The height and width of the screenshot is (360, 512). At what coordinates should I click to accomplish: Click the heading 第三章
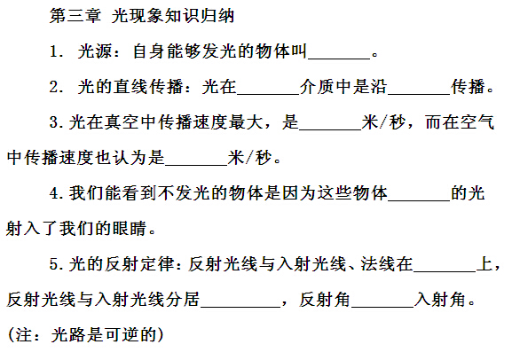click(x=75, y=16)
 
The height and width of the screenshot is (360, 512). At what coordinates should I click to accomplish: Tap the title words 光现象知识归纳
click(x=173, y=16)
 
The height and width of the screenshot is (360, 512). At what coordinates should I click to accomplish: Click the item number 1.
click(x=54, y=51)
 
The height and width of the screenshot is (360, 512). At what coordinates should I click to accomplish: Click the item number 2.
click(x=54, y=87)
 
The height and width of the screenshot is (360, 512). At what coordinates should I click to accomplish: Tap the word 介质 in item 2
click(x=317, y=87)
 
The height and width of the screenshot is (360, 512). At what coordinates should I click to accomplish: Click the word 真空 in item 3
click(x=122, y=122)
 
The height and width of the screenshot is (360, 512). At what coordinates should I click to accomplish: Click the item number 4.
click(x=54, y=193)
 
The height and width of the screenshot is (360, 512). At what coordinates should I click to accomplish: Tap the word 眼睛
click(x=129, y=229)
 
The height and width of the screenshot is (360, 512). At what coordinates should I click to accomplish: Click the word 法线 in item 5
click(x=378, y=264)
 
